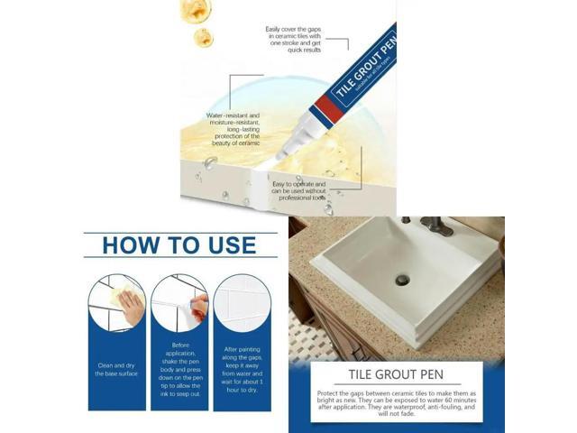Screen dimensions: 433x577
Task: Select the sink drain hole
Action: (402, 281)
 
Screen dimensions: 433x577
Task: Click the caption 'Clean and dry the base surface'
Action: (117, 369)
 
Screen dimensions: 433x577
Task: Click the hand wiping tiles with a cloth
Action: (128, 306)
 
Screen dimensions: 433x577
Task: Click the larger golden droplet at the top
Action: (196, 10)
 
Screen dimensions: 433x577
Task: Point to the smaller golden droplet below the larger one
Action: (203, 37)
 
